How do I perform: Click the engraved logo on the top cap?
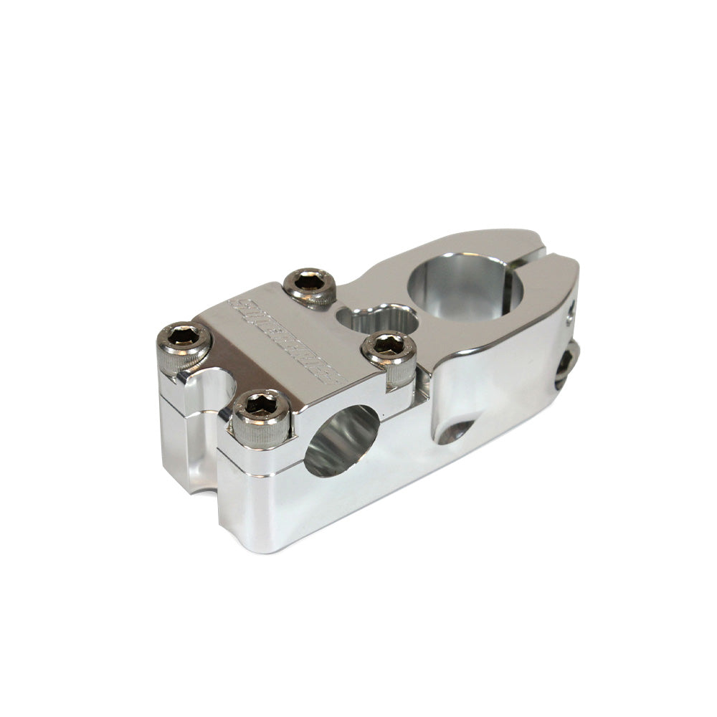click(x=283, y=338)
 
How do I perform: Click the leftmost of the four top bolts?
click(x=184, y=338)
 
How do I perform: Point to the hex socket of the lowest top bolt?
click(x=260, y=405)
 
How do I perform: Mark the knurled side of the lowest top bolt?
click(x=262, y=435)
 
